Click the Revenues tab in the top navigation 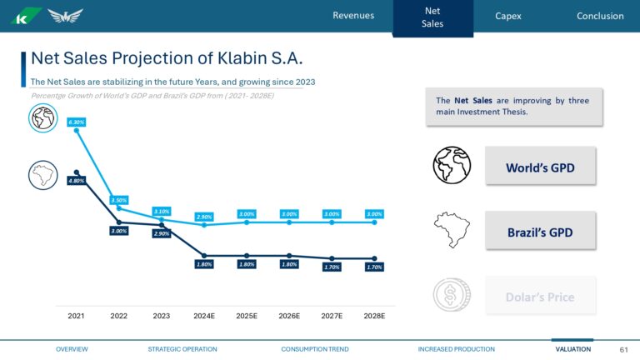353,16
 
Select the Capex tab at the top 508,16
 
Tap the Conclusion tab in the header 599,16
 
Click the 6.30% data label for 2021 76,122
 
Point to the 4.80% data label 76,181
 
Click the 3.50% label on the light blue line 118,200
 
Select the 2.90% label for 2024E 204,217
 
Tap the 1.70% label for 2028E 374,267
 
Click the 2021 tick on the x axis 76,317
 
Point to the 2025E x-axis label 247,317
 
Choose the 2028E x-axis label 374,317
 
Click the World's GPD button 540,167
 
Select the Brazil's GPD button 540,232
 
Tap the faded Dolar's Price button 540,297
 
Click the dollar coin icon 452,296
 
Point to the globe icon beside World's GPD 452,165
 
